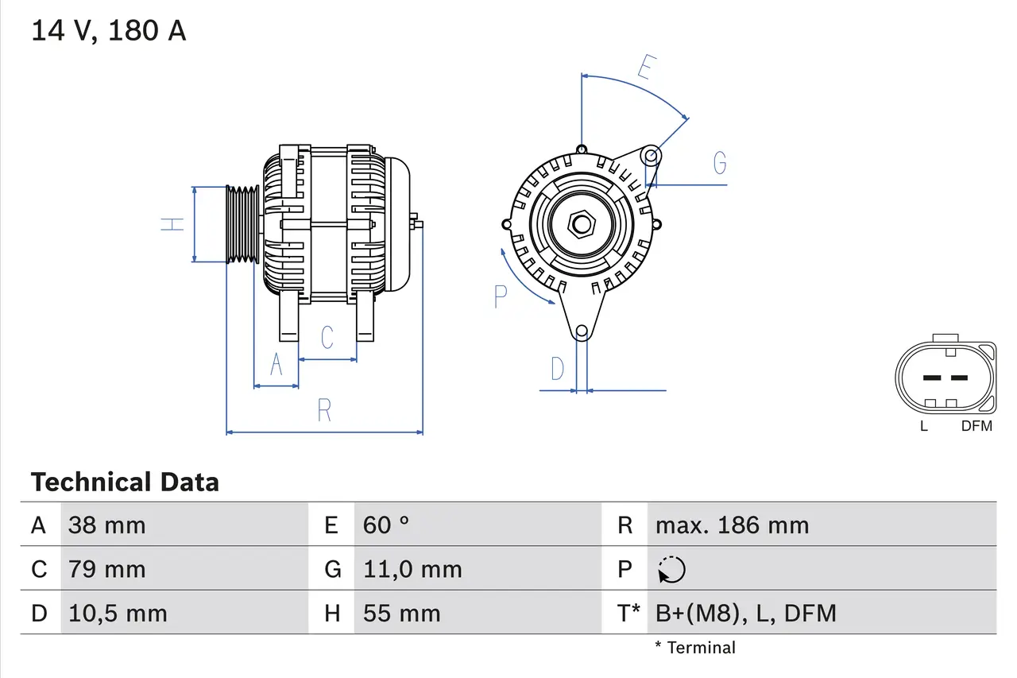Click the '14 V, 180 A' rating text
(108, 31)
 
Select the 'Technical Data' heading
(125, 482)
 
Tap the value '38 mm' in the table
(106, 525)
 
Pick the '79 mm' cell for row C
(106, 569)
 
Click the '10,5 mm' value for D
(118, 613)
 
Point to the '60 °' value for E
(386, 525)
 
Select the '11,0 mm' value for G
(412, 569)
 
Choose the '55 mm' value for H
(401, 613)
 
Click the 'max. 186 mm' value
(732, 525)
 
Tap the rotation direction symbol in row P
(671, 569)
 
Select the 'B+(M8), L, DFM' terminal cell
(745, 613)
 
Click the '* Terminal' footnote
(695, 648)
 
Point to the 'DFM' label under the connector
(976, 426)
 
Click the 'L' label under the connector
(923, 426)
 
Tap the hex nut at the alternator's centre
(582, 225)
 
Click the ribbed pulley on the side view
(243, 224)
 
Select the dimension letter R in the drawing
(324, 411)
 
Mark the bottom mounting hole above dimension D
(582, 331)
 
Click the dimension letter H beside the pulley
(172, 224)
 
